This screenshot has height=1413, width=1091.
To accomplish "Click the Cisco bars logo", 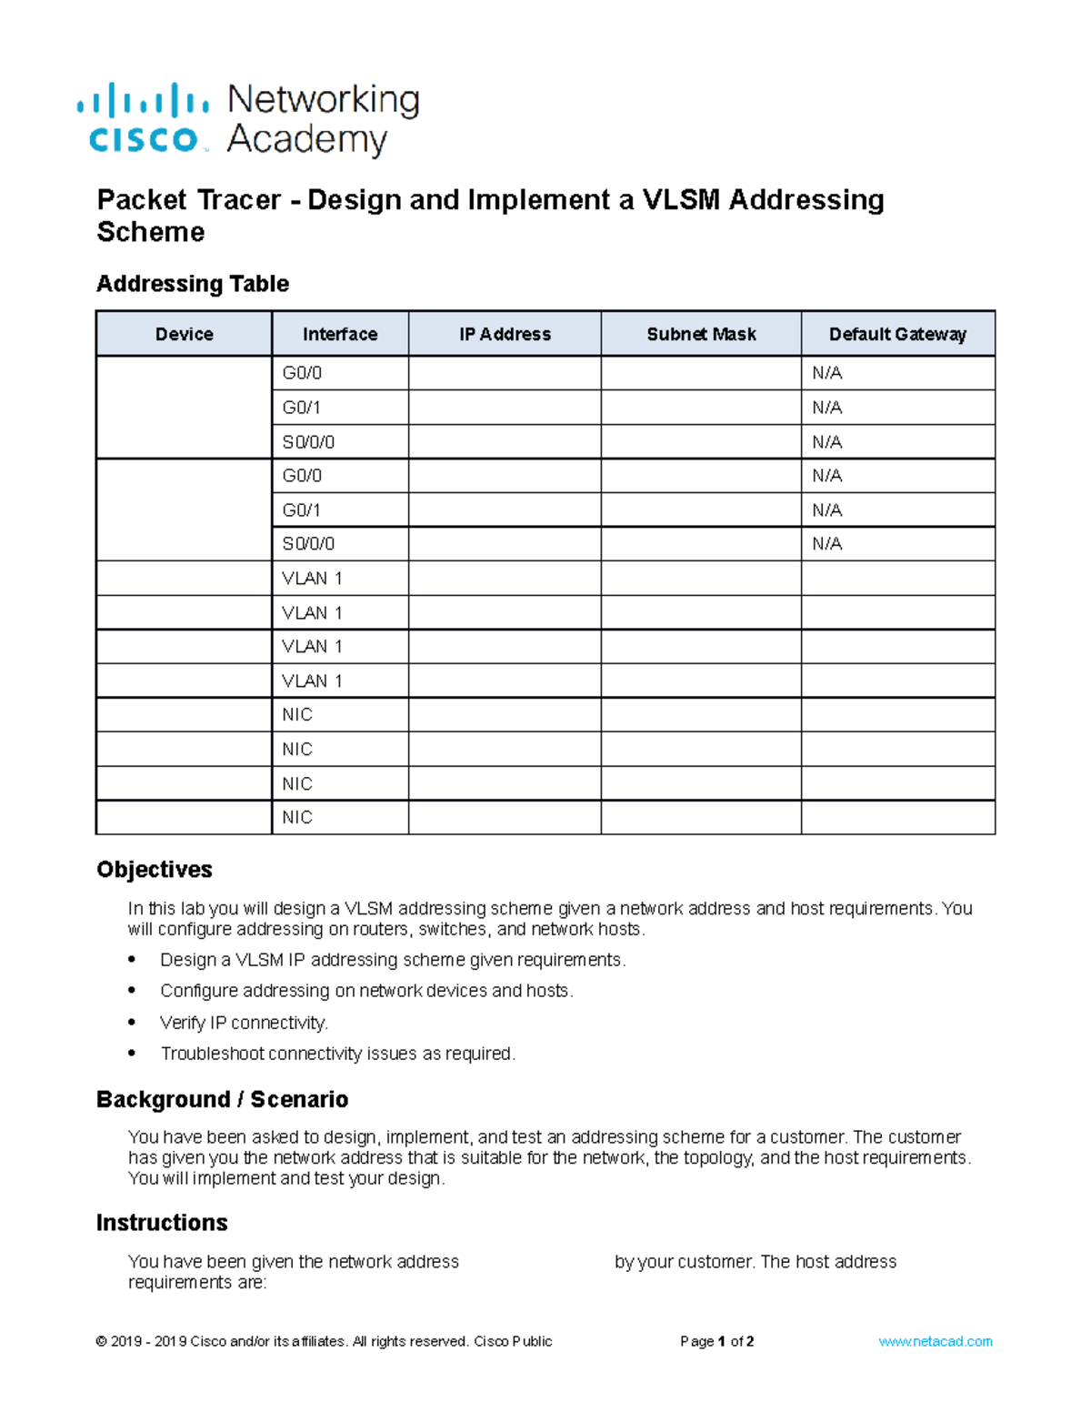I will pyautogui.click(x=143, y=101).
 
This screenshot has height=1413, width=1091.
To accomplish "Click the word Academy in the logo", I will pyautogui.click(x=306, y=140).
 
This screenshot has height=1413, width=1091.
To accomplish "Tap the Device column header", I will pyautogui.click(x=184, y=334).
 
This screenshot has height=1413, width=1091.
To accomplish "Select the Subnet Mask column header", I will pyautogui.click(x=701, y=334).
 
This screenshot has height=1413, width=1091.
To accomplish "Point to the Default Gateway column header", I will pyautogui.click(x=897, y=334).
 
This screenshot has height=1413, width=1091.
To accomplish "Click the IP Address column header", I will pyautogui.click(x=505, y=334).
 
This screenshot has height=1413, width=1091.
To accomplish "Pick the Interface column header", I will pyautogui.click(x=340, y=334).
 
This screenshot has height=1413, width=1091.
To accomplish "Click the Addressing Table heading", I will pyautogui.click(x=193, y=284).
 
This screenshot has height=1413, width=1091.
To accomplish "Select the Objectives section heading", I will pyautogui.click(x=155, y=870).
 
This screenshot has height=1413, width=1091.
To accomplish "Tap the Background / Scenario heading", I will pyautogui.click(x=223, y=1100).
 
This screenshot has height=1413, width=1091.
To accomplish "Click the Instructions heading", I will pyautogui.click(x=162, y=1223).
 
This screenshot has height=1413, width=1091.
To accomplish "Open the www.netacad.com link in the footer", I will pyautogui.click(x=936, y=1341).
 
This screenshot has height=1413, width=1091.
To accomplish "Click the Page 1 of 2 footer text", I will pyautogui.click(x=716, y=1341).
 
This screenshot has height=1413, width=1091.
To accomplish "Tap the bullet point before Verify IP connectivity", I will pyautogui.click(x=133, y=1022).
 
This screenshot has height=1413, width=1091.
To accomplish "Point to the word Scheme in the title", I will pyautogui.click(x=151, y=233).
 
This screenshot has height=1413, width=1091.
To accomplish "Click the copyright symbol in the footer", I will pyautogui.click(x=101, y=1341).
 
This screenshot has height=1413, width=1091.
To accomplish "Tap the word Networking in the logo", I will pyautogui.click(x=323, y=99).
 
